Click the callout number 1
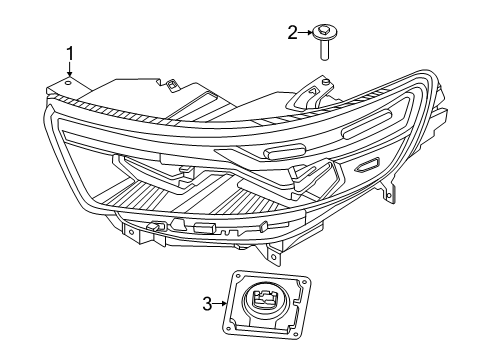coord(70,52)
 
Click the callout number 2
coord(293,33)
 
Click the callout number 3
coord(207,303)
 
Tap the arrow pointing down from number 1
coord(70,70)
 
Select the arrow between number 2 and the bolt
coord(305,33)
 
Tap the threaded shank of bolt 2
coord(326,50)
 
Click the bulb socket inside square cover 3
coord(267,299)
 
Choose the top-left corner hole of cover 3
coord(239,276)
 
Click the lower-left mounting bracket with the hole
coord(131,234)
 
